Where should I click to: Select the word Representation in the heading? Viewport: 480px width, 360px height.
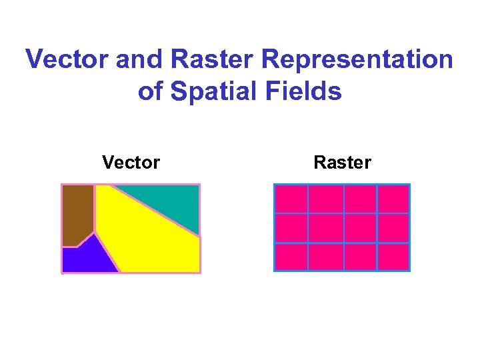(357, 60)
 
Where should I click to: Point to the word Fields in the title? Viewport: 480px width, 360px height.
(307, 91)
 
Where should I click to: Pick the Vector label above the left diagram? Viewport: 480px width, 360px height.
(131, 162)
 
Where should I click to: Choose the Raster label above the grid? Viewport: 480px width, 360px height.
(342, 162)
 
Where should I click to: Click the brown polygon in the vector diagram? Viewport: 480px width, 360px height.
(77, 212)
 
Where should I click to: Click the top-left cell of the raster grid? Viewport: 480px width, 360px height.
(291, 199)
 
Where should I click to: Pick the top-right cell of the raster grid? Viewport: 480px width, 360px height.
(393, 199)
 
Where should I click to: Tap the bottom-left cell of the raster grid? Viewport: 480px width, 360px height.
(291, 257)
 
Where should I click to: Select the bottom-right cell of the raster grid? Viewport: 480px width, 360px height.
(393, 257)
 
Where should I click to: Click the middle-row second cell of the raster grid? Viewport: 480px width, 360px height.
(326, 228)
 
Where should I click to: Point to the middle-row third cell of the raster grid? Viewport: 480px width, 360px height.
(360, 228)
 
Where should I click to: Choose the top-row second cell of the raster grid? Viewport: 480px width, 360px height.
(326, 199)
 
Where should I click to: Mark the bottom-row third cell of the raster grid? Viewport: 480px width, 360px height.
(360, 257)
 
